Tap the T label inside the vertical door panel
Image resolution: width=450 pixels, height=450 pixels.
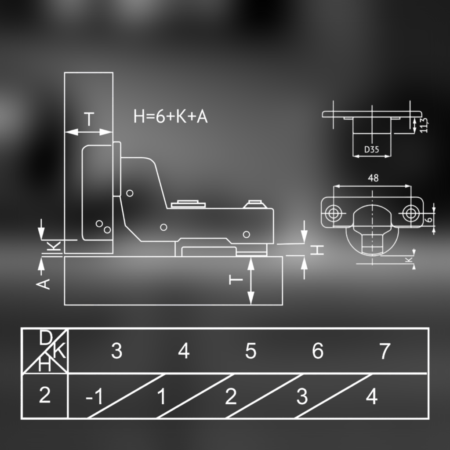pyautogui.click(x=89, y=120)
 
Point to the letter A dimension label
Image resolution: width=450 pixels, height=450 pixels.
pyautogui.click(x=44, y=283)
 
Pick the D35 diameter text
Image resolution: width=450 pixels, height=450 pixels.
pyautogui.click(x=371, y=149)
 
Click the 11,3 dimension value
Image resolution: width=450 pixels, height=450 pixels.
pyautogui.click(x=424, y=125)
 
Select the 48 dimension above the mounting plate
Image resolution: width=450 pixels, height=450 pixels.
pyautogui.click(x=373, y=178)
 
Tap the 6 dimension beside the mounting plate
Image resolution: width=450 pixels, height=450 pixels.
pyautogui.click(x=430, y=216)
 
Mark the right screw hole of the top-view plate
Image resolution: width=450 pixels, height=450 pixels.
pyautogui.click(x=411, y=213)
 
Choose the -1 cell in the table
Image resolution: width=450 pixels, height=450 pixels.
pyautogui.click(x=94, y=397)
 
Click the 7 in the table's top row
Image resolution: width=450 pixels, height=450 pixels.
pyautogui.click(x=385, y=352)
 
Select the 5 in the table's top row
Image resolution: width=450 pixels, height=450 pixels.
pyautogui.click(x=250, y=352)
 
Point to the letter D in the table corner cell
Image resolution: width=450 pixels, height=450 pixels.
pyautogui.click(x=45, y=338)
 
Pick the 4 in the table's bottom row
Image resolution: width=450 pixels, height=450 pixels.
pyautogui.click(x=372, y=397)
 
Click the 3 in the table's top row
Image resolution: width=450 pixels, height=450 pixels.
pyautogui.click(x=116, y=352)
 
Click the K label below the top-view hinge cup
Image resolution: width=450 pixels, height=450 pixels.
pyautogui.click(x=409, y=260)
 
